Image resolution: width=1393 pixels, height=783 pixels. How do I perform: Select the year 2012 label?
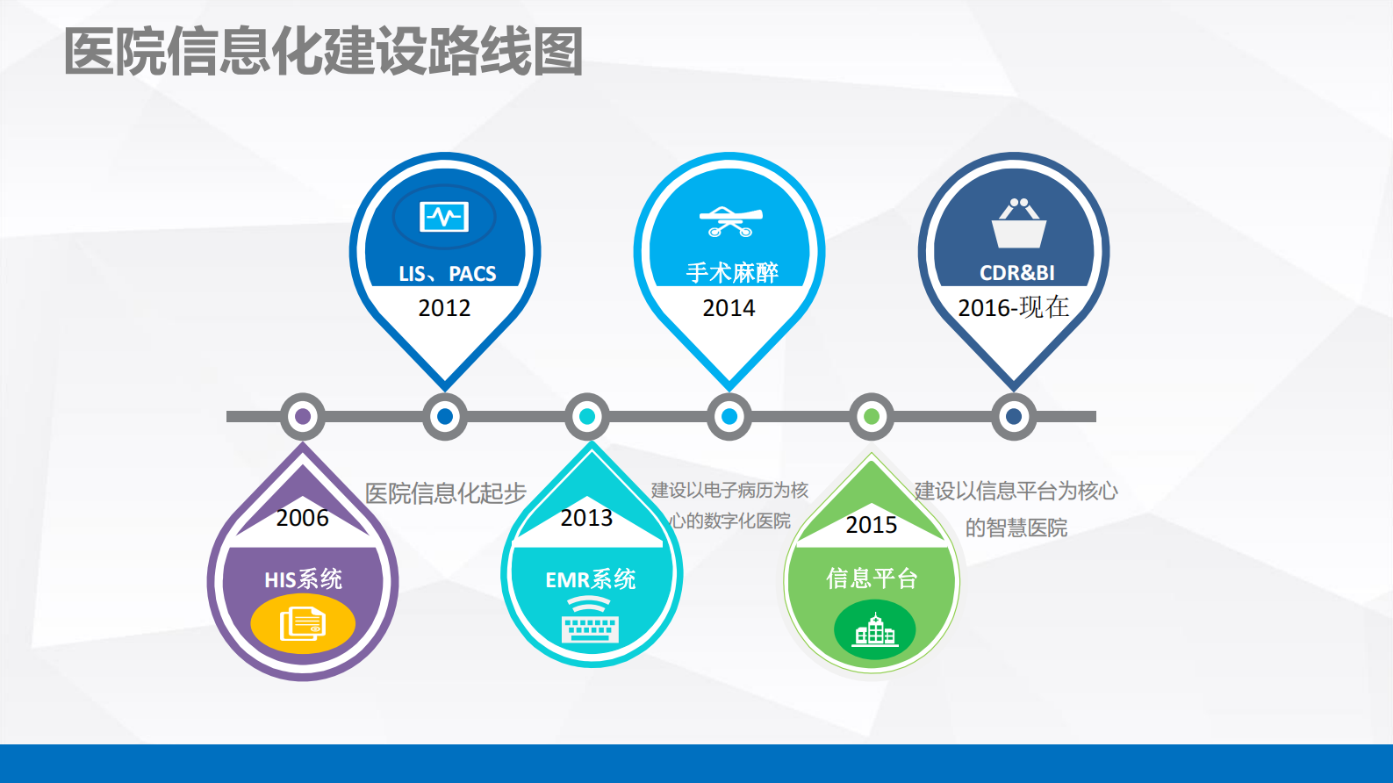[x=444, y=308]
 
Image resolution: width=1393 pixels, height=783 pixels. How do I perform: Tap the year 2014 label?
[x=729, y=308]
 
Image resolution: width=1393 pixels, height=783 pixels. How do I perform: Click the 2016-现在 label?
[x=1013, y=307]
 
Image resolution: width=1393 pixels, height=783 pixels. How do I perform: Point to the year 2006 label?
[x=302, y=518]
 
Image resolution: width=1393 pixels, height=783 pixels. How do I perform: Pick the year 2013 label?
[x=586, y=518]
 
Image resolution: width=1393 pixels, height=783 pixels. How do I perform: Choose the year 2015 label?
[x=871, y=525]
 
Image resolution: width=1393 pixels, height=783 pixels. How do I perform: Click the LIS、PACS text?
[x=447, y=274]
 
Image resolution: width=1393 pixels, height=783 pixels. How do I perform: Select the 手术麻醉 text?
[x=731, y=273]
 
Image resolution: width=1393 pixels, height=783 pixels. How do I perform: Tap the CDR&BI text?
[x=1016, y=273]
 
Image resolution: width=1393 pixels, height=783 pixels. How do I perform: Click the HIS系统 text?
[x=303, y=579]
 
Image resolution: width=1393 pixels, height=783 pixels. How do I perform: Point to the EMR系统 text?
[x=590, y=579]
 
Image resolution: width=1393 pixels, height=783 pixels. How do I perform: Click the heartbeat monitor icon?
[x=444, y=216]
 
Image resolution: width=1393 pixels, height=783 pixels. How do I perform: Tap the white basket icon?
[x=1018, y=224]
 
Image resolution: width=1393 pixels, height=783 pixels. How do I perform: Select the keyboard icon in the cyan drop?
[x=590, y=621]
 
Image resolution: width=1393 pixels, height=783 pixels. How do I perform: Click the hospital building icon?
[x=874, y=629]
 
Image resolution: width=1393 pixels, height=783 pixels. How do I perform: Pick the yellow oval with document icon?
[x=303, y=624]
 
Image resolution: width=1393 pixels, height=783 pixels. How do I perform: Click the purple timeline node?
[x=303, y=416]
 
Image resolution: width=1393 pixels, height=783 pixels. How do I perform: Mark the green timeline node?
[x=872, y=416]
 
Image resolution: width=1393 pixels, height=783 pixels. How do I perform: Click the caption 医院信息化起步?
[x=445, y=493]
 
